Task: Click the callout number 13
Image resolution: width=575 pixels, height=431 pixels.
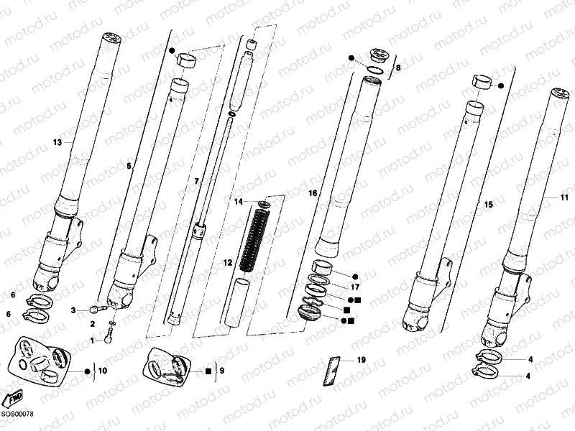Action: pyautogui.click(x=58, y=142)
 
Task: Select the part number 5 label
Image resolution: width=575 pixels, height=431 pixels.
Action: pyautogui.click(x=129, y=166)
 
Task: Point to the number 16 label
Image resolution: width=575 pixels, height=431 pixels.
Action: pyautogui.click(x=313, y=193)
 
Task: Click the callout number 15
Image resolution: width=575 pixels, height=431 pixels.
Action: pyautogui.click(x=488, y=205)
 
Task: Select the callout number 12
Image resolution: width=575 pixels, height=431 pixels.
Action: pyautogui.click(x=228, y=264)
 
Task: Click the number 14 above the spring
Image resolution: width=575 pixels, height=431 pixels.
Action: pyautogui.click(x=238, y=203)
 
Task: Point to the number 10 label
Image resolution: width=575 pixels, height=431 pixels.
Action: pyautogui.click(x=103, y=371)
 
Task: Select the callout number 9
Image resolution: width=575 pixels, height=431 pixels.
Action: pyautogui.click(x=222, y=371)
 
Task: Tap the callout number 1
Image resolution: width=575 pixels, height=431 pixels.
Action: pyautogui.click(x=91, y=340)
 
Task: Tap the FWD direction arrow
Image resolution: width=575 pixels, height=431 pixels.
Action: pyautogui.click(x=13, y=398)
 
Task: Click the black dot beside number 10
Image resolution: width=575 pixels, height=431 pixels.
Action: pyautogui.click(x=88, y=371)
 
